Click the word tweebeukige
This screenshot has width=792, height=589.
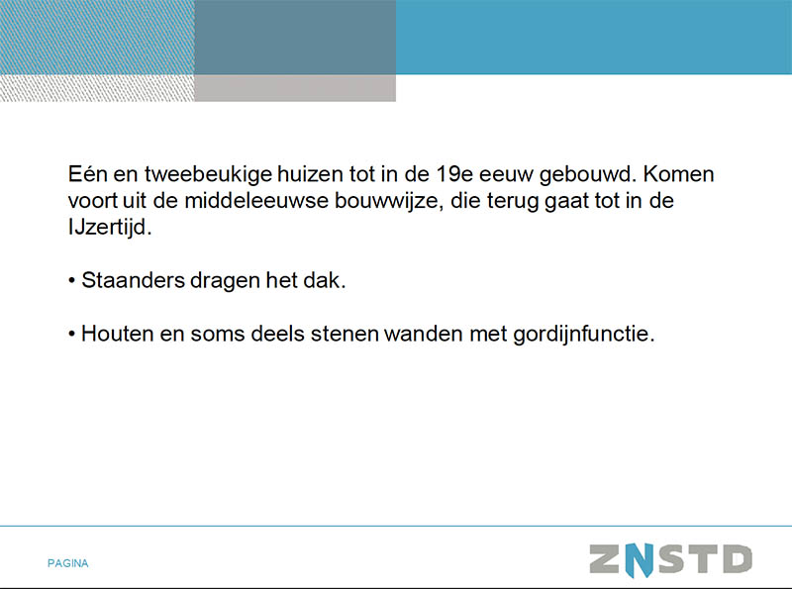[208, 175]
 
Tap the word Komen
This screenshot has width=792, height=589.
[678, 174]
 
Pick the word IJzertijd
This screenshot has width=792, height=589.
[110, 228]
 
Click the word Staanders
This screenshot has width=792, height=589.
[134, 280]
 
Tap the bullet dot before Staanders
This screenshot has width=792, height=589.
[71, 281]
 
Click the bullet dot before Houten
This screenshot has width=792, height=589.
[71, 335]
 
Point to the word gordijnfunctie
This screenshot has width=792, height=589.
[583, 335]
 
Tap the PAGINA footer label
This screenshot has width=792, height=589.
[67, 563]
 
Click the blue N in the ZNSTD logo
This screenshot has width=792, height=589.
[639, 560]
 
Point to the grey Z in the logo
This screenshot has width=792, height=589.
[605, 559]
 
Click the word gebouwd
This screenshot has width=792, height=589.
[588, 175]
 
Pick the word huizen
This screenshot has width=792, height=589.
[310, 174]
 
